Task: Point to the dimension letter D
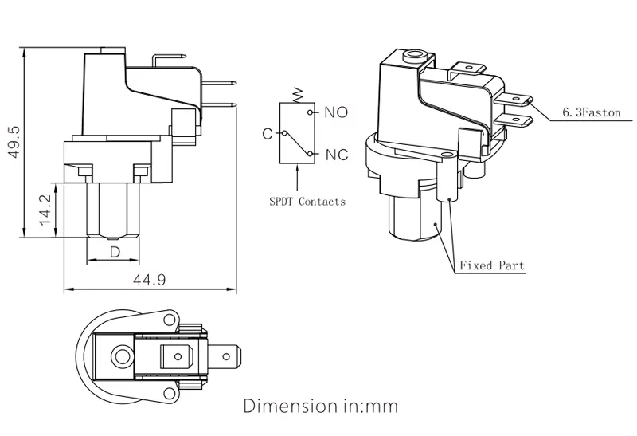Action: tap(115, 252)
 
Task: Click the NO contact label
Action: tap(336, 112)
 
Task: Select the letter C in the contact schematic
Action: tap(268, 133)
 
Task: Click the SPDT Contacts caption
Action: tap(307, 202)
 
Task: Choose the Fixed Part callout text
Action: tap(491, 265)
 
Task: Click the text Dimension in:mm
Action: tap(319, 406)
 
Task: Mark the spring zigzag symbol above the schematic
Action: tap(299, 94)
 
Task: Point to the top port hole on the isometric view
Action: tap(412, 57)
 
